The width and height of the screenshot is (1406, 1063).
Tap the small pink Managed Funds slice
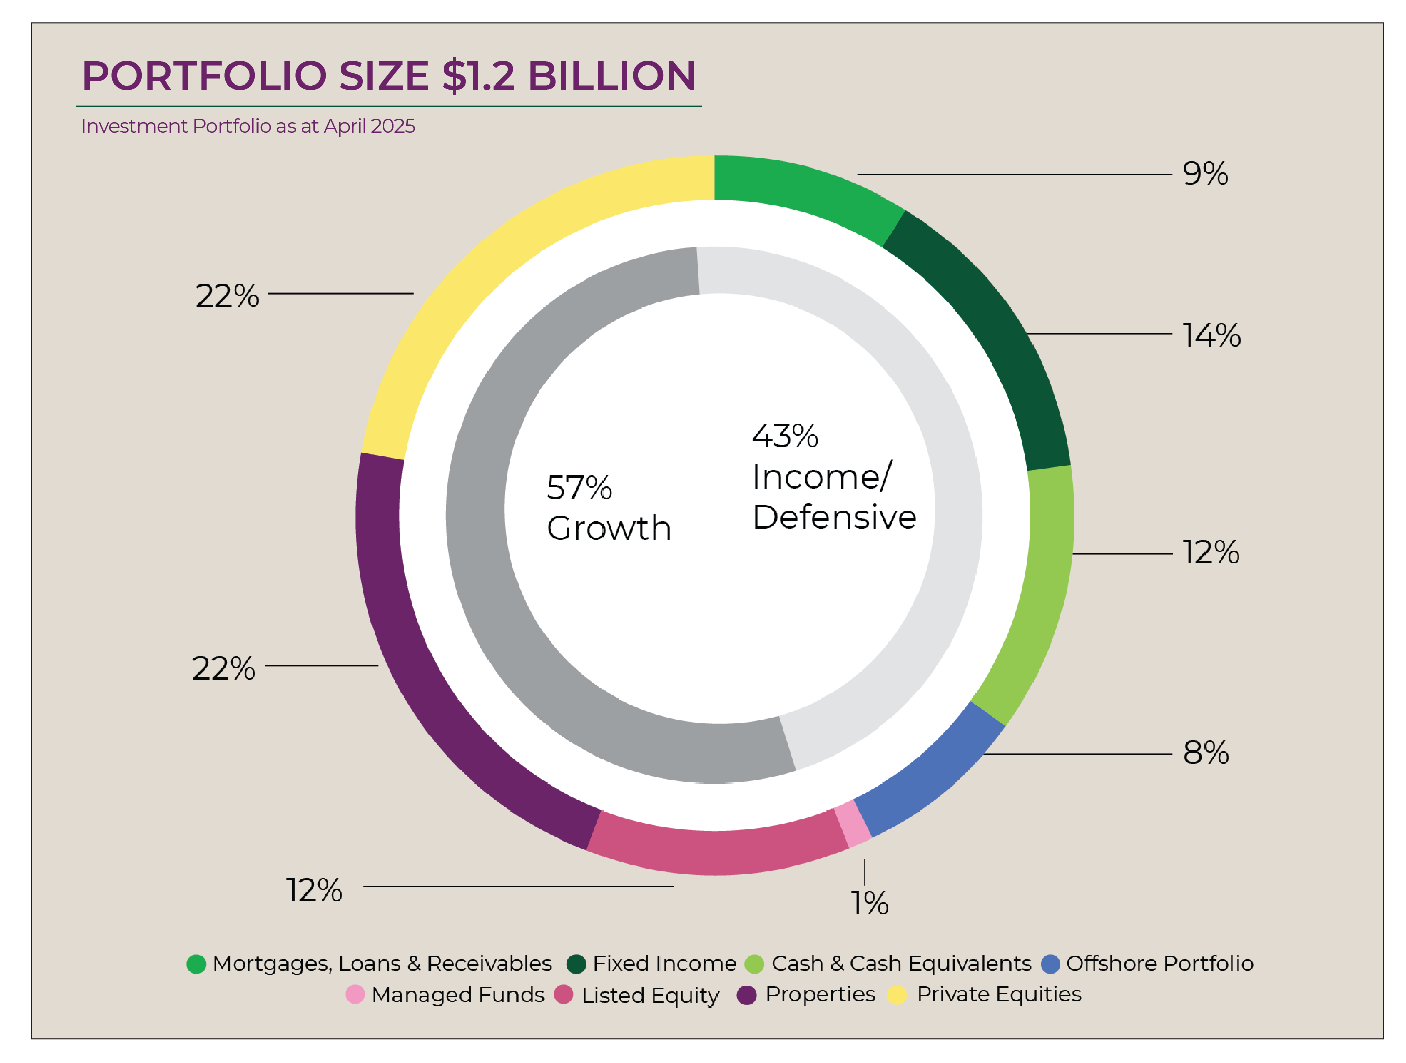click(852, 824)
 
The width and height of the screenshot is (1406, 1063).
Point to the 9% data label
click(1205, 174)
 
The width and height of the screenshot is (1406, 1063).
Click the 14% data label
click(1211, 335)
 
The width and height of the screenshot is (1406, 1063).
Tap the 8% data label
click(1206, 753)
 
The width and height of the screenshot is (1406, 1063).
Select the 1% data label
click(870, 903)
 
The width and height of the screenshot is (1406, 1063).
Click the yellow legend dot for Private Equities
click(897, 995)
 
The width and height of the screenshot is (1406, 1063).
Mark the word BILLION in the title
click(612, 76)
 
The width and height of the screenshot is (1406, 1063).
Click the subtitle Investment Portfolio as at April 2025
click(248, 126)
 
